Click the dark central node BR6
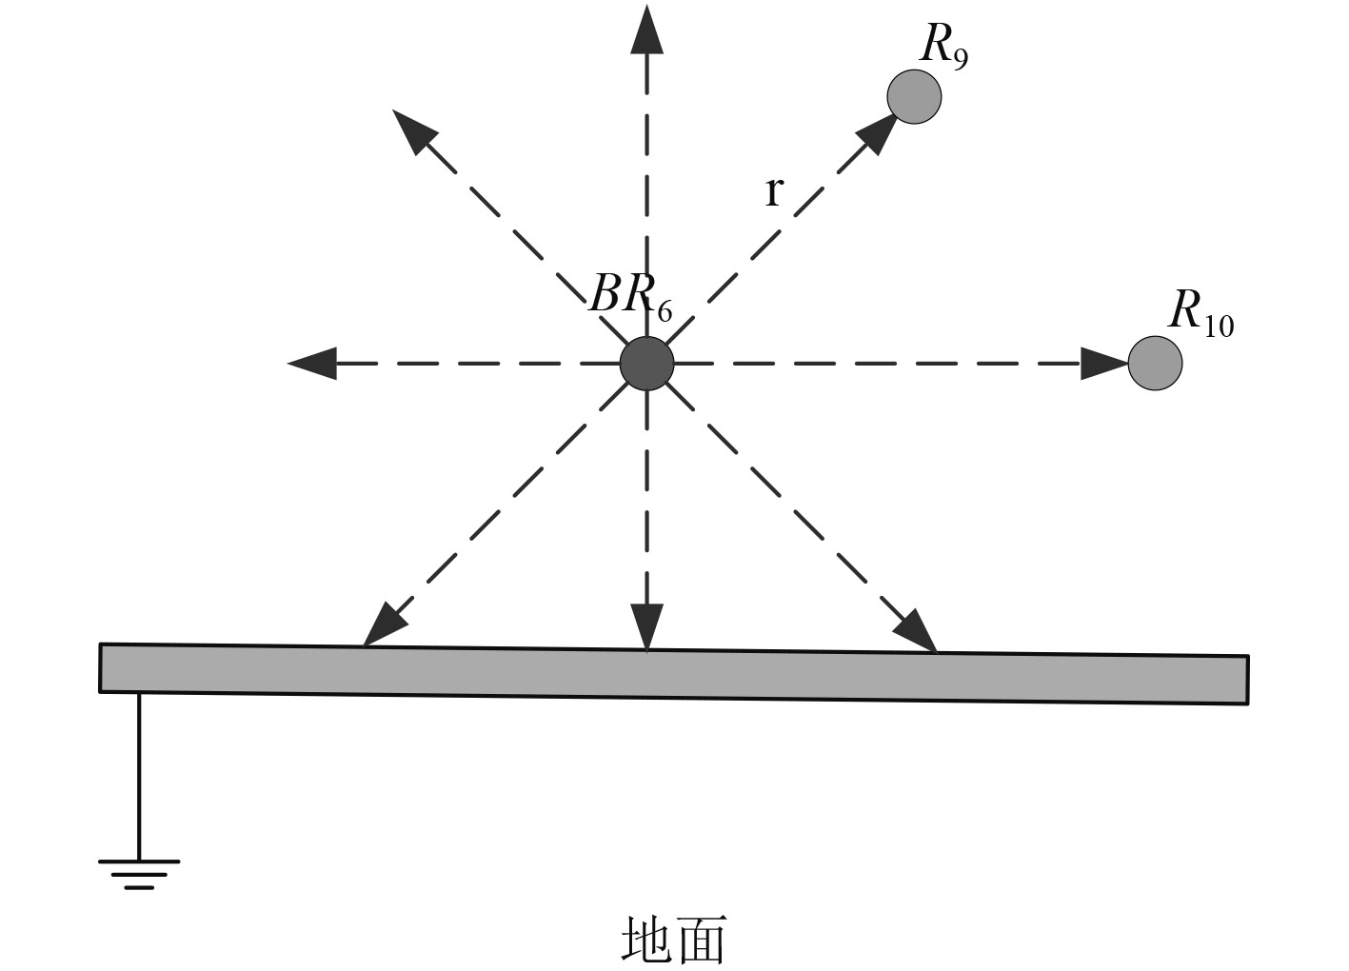coord(646,363)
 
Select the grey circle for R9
coord(914,96)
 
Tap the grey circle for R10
coord(1155,363)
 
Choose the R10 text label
coord(1200,312)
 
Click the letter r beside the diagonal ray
coord(773,191)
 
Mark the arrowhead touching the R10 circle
coord(1104,363)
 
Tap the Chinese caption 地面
coord(673,940)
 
